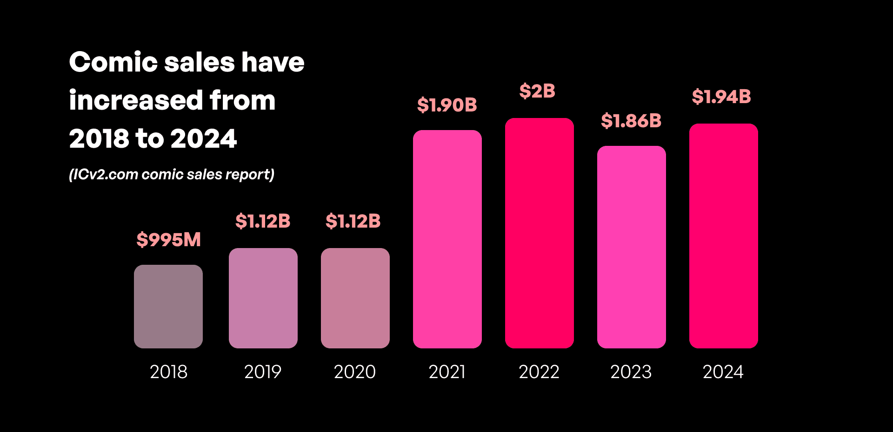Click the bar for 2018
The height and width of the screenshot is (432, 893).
pyautogui.click(x=168, y=307)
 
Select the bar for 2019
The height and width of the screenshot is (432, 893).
pyautogui.click(x=263, y=298)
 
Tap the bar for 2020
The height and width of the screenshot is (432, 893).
pyautogui.click(x=355, y=298)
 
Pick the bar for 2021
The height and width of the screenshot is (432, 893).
pyautogui.click(x=447, y=239)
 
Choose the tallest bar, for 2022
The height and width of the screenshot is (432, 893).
pyautogui.click(x=540, y=233)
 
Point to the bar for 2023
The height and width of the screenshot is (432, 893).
pyautogui.click(x=632, y=247)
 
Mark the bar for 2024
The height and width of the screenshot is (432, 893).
pyautogui.click(x=724, y=236)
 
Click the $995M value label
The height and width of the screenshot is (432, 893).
pyautogui.click(x=168, y=240)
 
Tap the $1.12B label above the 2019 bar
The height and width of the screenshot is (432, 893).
pyautogui.click(x=263, y=221)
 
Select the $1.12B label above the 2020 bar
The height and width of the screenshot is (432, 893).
pyautogui.click(x=353, y=221)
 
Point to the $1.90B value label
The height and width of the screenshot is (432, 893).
pyautogui.click(x=447, y=105)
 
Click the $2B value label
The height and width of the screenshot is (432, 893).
pyautogui.click(x=537, y=91)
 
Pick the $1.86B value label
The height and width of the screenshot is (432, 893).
pyautogui.click(x=631, y=121)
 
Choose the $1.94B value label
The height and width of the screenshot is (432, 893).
pyautogui.click(x=721, y=97)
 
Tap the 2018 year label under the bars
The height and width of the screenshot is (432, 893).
pyautogui.click(x=168, y=372)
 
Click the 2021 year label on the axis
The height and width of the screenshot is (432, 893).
pyautogui.click(x=447, y=372)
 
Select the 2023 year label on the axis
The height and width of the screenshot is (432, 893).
pyautogui.click(x=631, y=372)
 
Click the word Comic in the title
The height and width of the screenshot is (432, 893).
pyautogui.click(x=113, y=62)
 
